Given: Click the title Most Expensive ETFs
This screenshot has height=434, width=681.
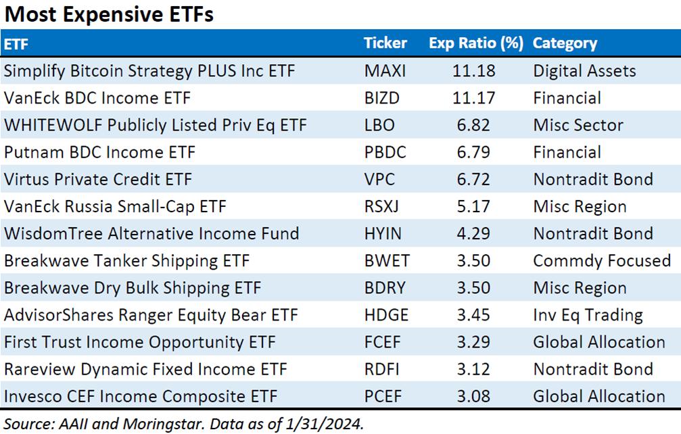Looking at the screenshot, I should coord(109,15).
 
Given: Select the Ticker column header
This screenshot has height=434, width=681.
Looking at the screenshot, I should coord(385,43).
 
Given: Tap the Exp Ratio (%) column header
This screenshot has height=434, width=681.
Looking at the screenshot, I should coord(476,43).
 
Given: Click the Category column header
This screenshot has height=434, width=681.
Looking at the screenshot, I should coord(565,43).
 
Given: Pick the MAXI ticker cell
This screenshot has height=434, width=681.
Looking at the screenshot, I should coord(383,71).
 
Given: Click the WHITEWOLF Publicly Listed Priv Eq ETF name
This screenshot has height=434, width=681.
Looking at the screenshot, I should coord(156,125).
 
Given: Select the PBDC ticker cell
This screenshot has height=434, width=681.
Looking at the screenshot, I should coord(385,152).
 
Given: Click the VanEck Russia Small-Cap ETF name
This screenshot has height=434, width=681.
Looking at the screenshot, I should coord(115,206).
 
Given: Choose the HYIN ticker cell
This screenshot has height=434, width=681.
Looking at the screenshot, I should coord(382,233).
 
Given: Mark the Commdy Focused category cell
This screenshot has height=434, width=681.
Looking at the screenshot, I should coord(602,260).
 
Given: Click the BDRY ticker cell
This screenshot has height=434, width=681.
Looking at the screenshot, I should coord(384,287).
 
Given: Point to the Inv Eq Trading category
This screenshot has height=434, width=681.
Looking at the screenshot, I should coord(588,315).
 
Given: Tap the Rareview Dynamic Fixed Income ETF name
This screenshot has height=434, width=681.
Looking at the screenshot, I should coord(145,369).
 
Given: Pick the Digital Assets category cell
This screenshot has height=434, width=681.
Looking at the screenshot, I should coord(584,71).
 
